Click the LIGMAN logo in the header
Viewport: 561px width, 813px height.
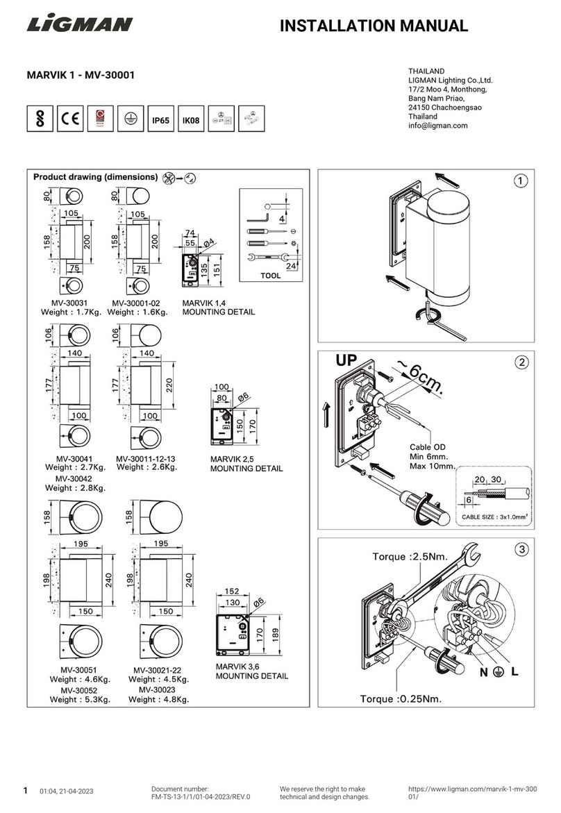pyautogui.click(x=80, y=25)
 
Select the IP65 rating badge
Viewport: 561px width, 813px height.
pyautogui.click(x=160, y=120)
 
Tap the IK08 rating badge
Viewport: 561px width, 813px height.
pyautogui.click(x=190, y=120)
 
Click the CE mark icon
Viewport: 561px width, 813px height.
pyautogui.click(x=70, y=119)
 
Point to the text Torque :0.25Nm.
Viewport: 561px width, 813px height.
pyautogui.click(x=401, y=698)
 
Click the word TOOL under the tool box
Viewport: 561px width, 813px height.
pyautogui.click(x=271, y=276)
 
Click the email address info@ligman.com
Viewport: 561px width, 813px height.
pyautogui.click(x=438, y=126)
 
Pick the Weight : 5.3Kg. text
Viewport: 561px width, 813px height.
pyautogui.click(x=78, y=700)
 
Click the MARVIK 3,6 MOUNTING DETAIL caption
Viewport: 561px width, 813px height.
pyautogui.click(x=251, y=671)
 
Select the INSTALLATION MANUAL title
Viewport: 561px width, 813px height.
pyautogui.click(x=374, y=26)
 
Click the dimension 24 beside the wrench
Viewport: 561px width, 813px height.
pyautogui.click(x=292, y=266)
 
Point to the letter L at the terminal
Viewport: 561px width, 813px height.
pyautogui.click(x=515, y=672)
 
